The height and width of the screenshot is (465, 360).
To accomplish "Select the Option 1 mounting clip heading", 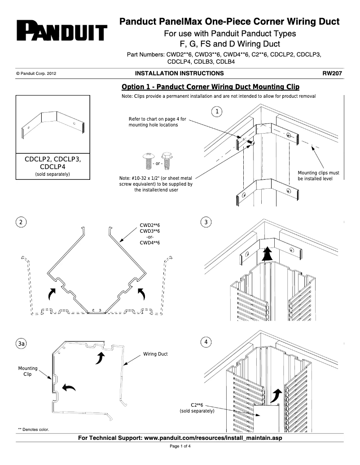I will (x=211, y=87).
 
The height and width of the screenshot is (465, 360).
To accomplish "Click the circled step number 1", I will (x=217, y=111).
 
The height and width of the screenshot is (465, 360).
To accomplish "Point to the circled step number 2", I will (x=21, y=222).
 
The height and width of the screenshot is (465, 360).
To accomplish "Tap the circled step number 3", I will (x=206, y=222).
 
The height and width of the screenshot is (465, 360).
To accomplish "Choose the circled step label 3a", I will (x=21, y=343).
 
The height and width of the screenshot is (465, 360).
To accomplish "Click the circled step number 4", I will (x=206, y=342).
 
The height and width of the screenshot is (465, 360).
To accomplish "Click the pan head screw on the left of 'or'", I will (x=147, y=161).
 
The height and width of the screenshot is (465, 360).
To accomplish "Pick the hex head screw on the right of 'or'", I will (x=167, y=160).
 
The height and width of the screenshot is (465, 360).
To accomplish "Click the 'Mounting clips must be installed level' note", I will (x=318, y=176).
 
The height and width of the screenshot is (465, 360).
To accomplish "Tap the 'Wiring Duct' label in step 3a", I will (x=155, y=354).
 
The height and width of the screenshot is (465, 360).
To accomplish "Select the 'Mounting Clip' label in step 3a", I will (x=27, y=371).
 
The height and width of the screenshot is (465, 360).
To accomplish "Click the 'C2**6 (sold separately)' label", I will (x=197, y=408).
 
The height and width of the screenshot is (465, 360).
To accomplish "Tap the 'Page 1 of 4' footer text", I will (x=180, y=447).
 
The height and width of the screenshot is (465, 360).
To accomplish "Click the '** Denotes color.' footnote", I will (x=34, y=430).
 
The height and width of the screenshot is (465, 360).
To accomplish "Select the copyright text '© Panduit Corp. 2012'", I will (x=36, y=74).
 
